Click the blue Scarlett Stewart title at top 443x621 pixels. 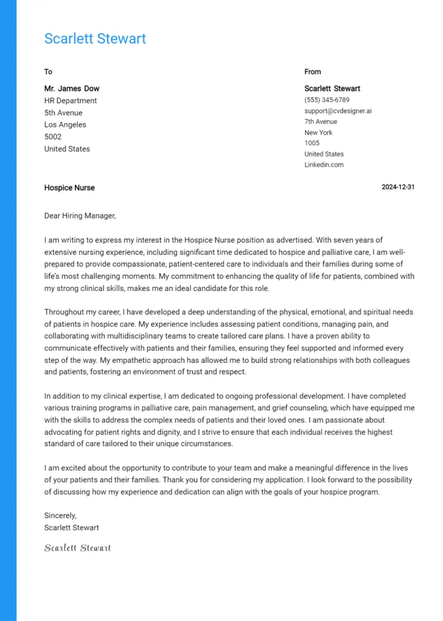click(x=95, y=39)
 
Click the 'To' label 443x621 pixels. click(x=48, y=72)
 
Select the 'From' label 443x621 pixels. click(x=313, y=72)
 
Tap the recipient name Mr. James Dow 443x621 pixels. click(x=72, y=89)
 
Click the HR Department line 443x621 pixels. click(x=70, y=101)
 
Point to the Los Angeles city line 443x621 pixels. click(x=65, y=125)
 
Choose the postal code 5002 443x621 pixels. click(x=53, y=137)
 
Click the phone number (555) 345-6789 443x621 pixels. click(x=326, y=100)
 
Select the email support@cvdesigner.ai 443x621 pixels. click(x=337, y=111)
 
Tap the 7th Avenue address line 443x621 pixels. click(x=320, y=122)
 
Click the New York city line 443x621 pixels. click(x=318, y=133)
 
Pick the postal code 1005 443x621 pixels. click(x=311, y=143)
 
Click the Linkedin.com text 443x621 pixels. click(x=323, y=165)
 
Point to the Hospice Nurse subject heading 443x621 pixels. click(x=69, y=188)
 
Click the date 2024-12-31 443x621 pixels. click(x=398, y=187)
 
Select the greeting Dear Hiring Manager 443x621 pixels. click(x=79, y=215)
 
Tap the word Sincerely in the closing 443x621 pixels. click(x=60, y=515)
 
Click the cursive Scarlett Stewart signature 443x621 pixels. click(x=77, y=548)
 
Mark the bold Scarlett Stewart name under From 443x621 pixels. click(x=332, y=89)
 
